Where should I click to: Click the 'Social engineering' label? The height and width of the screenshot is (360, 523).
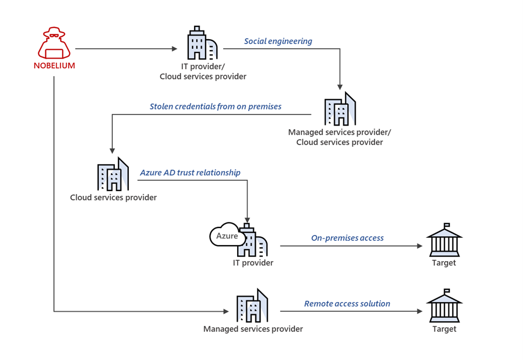(x=278, y=41)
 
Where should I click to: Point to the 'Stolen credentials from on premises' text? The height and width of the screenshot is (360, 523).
(x=215, y=106)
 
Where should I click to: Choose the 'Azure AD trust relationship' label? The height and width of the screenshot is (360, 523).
(x=190, y=173)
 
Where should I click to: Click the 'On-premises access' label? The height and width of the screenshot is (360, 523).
(x=347, y=238)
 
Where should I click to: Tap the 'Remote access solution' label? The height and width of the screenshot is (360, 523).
(x=347, y=304)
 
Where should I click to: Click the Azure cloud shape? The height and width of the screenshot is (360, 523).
(x=226, y=236)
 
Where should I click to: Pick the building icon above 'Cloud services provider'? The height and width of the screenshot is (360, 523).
(x=113, y=175)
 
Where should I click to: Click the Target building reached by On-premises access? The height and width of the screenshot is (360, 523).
(x=444, y=239)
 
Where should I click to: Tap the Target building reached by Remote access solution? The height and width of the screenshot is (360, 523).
(x=444, y=305)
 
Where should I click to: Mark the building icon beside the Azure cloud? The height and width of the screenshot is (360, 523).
(x=253, y=241)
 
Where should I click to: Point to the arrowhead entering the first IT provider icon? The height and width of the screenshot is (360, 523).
(x=174, y=49)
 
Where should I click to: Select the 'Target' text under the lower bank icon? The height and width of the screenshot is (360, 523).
(x=444, y=329)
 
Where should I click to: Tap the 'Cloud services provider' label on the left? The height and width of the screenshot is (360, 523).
(x=113, y=197)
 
